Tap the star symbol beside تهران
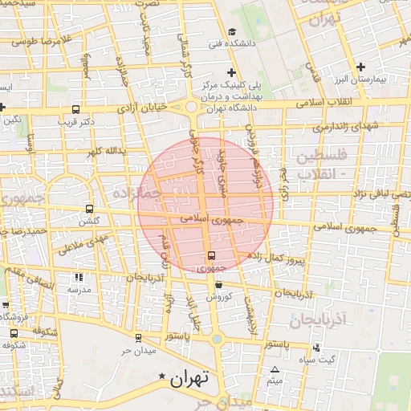(164, 376)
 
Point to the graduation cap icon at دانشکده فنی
(231, 32)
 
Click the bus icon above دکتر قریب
(76, 109)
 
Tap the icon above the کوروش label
(218, 284)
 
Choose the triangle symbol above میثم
(275, 369)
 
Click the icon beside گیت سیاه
(316, 348)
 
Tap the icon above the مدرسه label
(78, 276)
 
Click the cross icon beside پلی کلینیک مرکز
(231, 73)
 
